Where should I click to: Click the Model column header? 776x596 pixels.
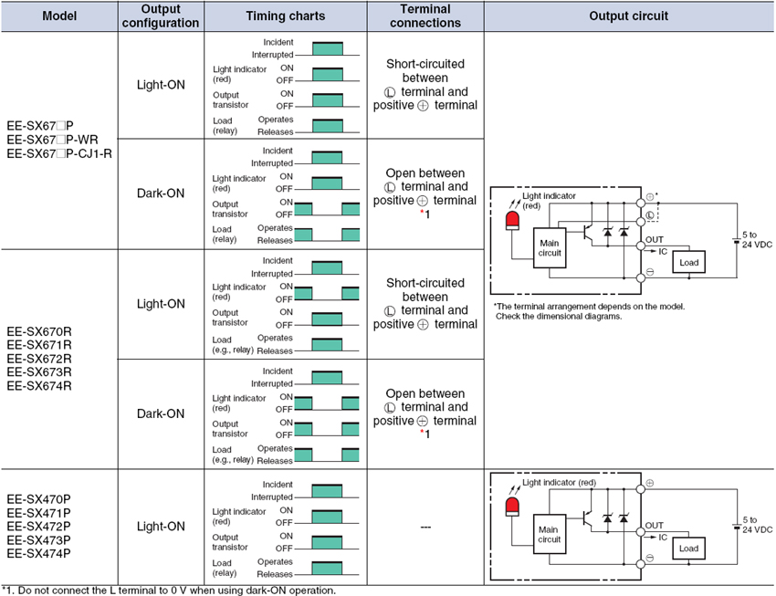tap(59, 16)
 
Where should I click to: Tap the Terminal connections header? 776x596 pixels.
tap(425, 16)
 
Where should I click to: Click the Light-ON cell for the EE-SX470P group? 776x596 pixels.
tap(161, 527)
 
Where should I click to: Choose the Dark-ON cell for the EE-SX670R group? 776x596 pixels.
tap(161, 413)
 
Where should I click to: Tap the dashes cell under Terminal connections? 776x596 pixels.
tap(425, 527)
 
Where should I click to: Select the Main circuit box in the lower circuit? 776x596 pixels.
tap(550, 534)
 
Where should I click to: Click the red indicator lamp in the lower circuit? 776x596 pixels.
tap(512, 504)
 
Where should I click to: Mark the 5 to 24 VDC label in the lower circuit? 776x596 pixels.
tap(758, 524)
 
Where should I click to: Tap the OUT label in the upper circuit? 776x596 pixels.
tap(655, 239)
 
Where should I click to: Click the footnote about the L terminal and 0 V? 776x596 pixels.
tap(169, 590)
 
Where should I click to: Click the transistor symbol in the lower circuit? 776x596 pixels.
tap(590, 518)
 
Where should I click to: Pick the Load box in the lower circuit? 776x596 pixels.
tap(688, 549)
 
